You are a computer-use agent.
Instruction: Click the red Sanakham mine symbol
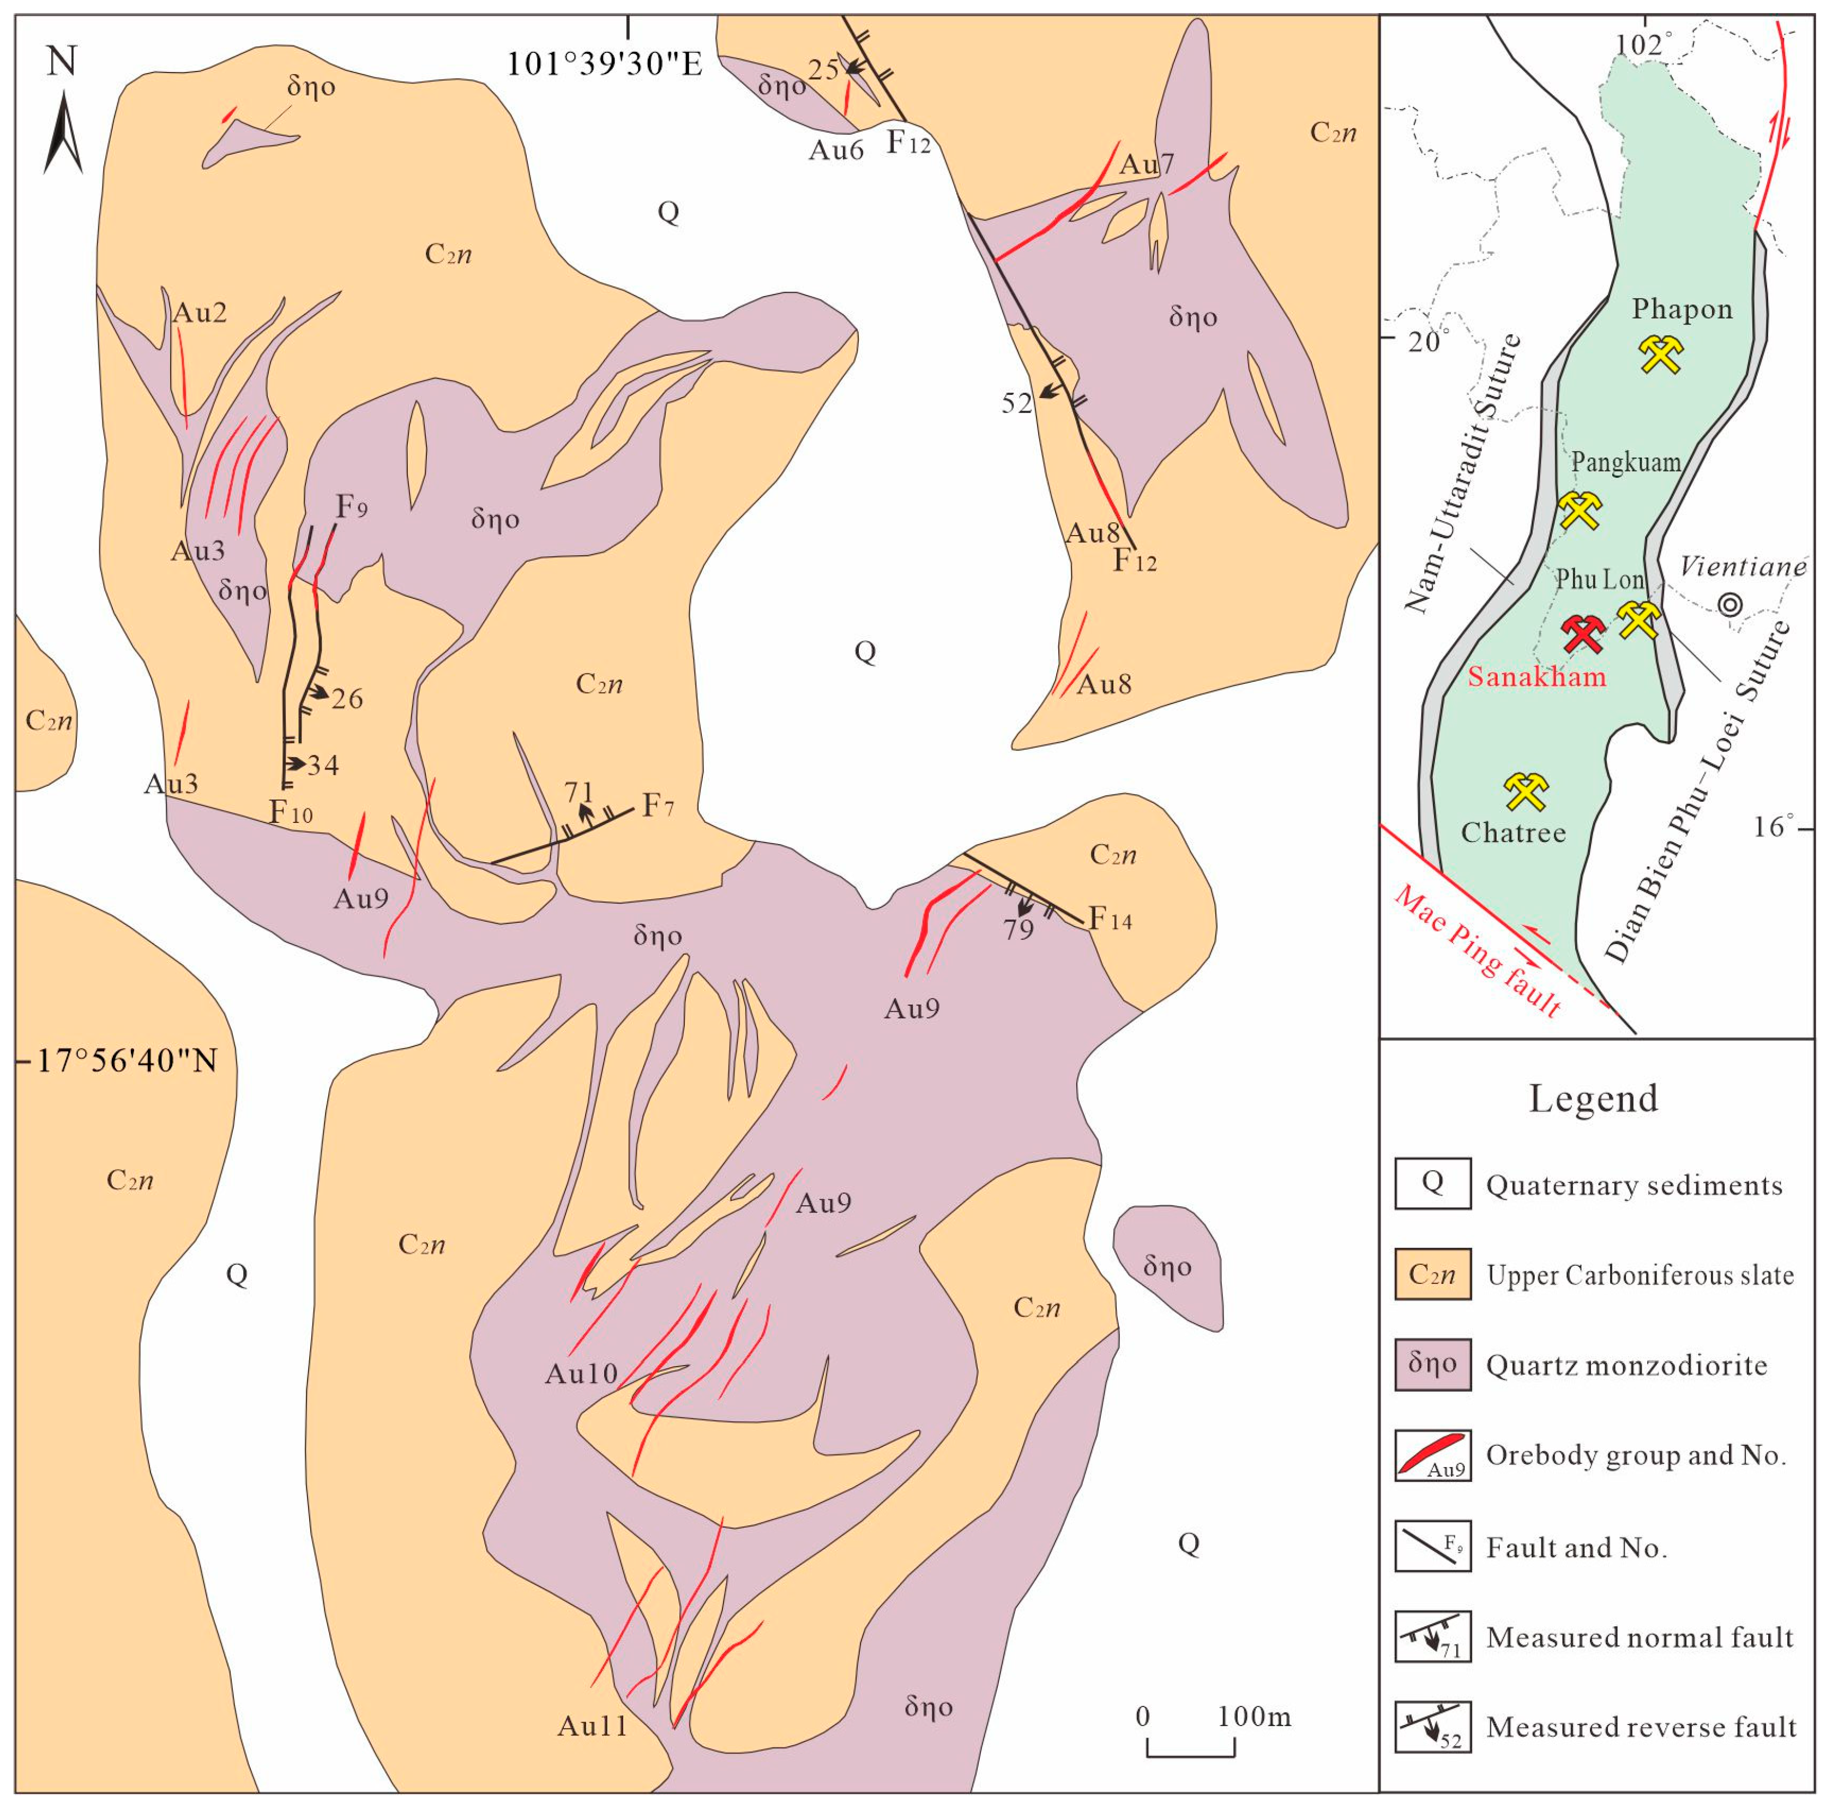coord(1583,634)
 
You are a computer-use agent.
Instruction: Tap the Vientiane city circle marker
coord(1731,604)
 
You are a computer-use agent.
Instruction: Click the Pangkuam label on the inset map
coord(1625,462)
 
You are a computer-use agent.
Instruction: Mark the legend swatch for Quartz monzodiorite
coord(1432,1364)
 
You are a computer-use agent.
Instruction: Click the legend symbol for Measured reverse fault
coord(1432,1727)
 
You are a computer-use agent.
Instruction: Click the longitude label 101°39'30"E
coord(604,64)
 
